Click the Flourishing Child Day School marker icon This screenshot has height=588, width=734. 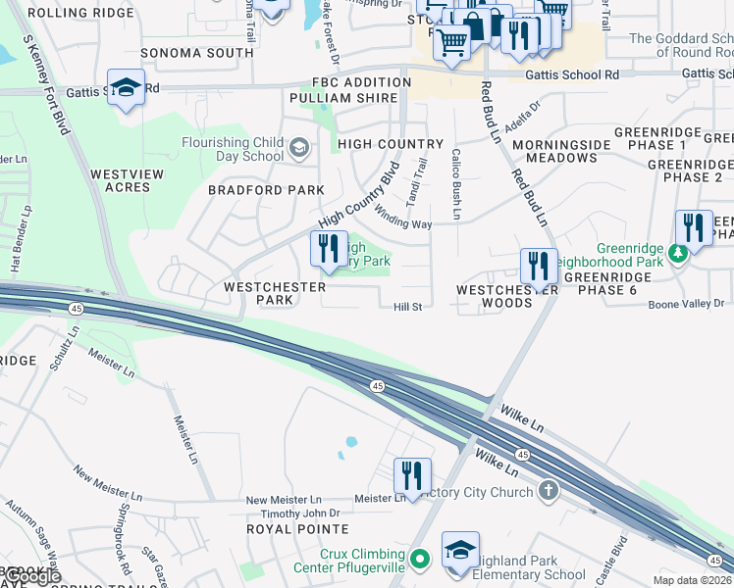coord(299,149)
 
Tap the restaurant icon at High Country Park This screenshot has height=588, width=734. coord(329,247)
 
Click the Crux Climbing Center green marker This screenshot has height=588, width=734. coord(420,561)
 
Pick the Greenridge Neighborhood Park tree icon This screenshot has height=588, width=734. coord(677,254)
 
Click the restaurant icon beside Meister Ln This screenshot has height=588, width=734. coord(412,475)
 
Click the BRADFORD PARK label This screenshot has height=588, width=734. coord(266,190)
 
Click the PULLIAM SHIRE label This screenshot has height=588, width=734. coord(343,98)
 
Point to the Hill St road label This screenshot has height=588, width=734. coord(407,307)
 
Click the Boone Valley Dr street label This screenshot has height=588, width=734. coord(686,305)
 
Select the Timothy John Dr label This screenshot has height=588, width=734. coord(300,514)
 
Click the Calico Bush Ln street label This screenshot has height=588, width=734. coord(456,183)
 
